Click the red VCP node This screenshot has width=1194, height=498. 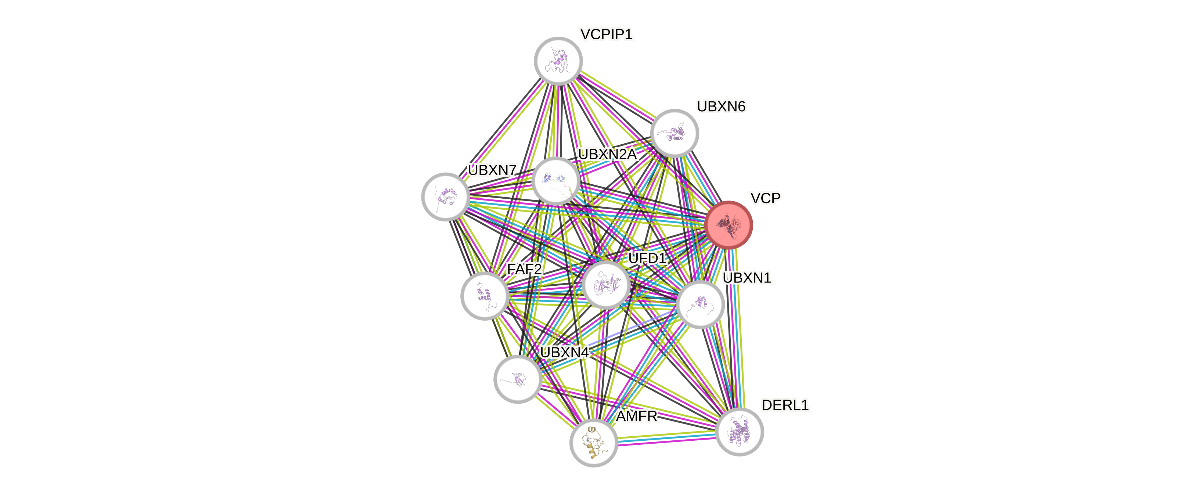(x=728, y=225)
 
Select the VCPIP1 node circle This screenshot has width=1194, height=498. (x=558, y=61)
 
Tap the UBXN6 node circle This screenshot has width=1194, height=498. (x=675, y=133)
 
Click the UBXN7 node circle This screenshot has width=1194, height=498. (x=445, y=196)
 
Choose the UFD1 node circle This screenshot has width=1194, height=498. (x=606, y=284)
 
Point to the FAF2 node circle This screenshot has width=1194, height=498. (x=484, y=296)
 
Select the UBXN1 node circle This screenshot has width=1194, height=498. (x=700, y=304)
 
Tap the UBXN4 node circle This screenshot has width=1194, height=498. (x=517, y=379)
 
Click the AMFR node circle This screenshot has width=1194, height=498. (x=593, y=443)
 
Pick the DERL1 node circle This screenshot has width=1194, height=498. (x=739, y=432)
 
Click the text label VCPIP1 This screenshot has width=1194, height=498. (x=606, y=34)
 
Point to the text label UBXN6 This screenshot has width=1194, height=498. (x=721, y=107)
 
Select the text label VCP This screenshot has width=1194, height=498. (x=765, y=198)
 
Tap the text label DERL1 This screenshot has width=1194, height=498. (x=785, y=405)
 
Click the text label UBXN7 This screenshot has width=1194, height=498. (x=492, y=170)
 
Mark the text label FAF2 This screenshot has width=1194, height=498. (x=524, y=269)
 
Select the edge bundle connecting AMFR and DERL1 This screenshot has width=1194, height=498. (x=666, y=437)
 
